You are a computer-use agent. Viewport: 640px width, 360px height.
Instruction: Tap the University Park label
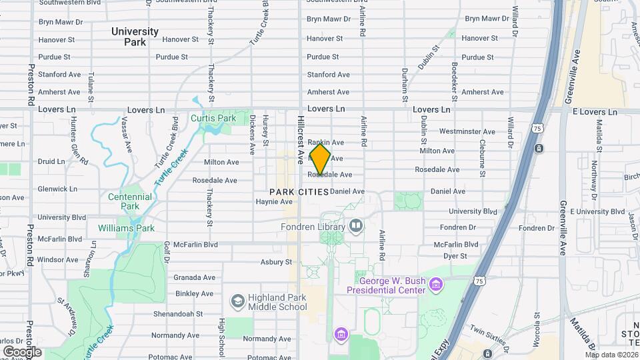(135, 37)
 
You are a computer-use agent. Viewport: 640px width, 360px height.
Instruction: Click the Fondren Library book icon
(356, 227)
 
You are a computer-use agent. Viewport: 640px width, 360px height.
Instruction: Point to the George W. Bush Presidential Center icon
(436, 285)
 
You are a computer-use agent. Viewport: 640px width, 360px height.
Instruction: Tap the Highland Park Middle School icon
(237, 301)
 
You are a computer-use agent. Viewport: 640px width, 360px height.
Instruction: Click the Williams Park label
(126, 229)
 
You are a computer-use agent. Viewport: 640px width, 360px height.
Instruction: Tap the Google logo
(22, 351)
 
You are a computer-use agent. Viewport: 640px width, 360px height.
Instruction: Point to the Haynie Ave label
(275, 201)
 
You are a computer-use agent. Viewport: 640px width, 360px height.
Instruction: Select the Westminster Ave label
(467, 132)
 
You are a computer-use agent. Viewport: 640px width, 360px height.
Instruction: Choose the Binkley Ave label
(195, 293)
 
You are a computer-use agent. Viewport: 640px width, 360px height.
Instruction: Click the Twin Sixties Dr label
(491, 329)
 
